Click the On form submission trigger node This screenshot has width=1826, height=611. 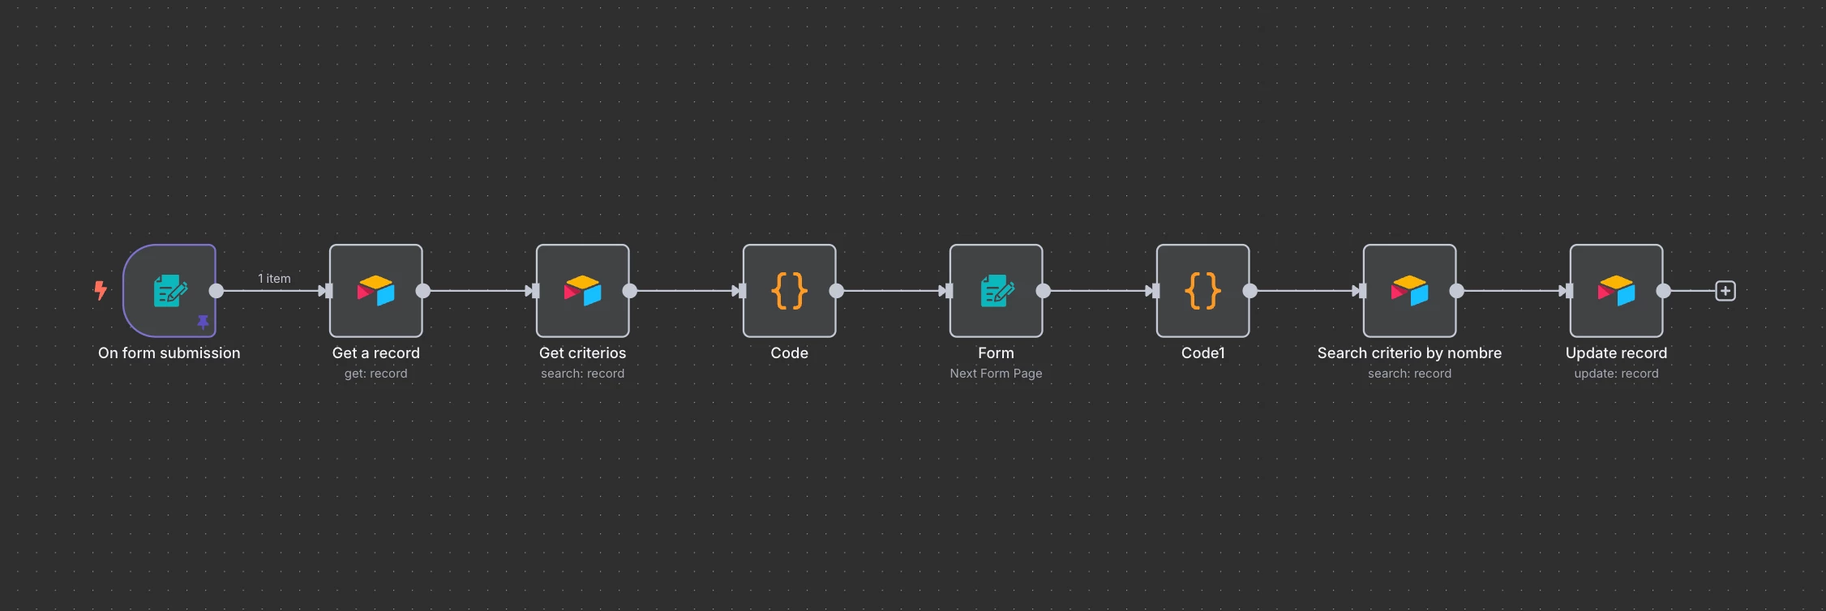pyautogui.click(x=169, y=291)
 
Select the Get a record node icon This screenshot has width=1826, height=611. pyautogui.click(x=376, y=291)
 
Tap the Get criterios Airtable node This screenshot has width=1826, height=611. pyautogui.click(x=583, y=291)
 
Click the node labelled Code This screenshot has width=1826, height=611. pyautogui.click(x=790, y=291)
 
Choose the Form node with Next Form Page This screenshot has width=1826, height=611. pyautogui.click(x=997, y=291)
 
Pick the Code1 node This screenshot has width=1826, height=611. pyautogui.click(x=1203, y=291)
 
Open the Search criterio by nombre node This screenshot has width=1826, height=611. pyautogui.click(x=1410, y=291)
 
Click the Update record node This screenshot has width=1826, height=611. pyautogui.click(x=1617, y=291)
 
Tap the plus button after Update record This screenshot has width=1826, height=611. pyautogui.click(x=1725, y=291)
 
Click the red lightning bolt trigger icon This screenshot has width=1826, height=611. pyautogui.click(x=101, y=290)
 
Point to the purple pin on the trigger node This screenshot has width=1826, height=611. pyautogui.click(x=203, y=323)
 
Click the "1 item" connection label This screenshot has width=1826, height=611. pyautogui.click(x=274, y=279)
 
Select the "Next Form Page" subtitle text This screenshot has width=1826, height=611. pyautogui.click(x=997, y=374)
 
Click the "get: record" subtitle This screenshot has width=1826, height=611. pyautogui.click(x=376, y=374)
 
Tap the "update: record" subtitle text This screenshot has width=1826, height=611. pyautogui.click(x=1617, y=374)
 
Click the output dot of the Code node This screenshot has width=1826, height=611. pyautogui.click(x=837, y=291)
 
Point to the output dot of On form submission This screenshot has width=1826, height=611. pyautogui.click(x=216, y=291)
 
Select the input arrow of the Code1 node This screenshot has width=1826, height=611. pyautogui.click(x=1152, y=291)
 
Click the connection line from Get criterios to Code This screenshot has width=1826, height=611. pyautogui.click(x=684, y=291)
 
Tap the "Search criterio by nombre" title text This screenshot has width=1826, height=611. pyautogui.click(x=1410, y=353)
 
